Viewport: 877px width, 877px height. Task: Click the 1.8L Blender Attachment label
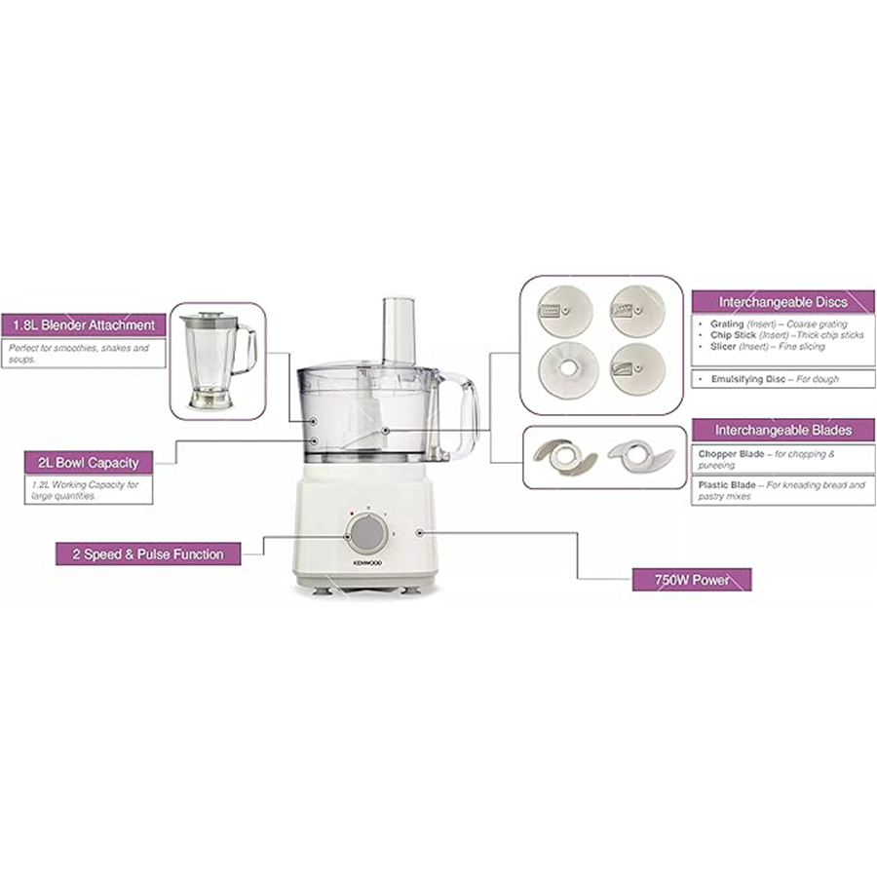(x=84, y=324)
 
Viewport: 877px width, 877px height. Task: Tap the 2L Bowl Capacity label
(x=89, y=463)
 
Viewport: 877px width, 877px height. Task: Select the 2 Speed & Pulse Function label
(x=148, y=553)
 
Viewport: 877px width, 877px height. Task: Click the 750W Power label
(x=692, y=580)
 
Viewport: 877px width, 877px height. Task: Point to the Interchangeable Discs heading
(x=783, y=302)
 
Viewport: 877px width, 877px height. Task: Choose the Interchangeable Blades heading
(x=783, y=430)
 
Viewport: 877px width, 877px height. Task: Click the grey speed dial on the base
(x=367, y=535)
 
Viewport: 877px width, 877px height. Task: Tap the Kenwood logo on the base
(x=367, y=563)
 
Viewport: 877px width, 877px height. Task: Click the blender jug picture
(x=218, y=361)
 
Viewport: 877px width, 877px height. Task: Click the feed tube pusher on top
(x=400, y=331)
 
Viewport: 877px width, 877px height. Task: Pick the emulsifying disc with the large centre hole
(x=568, y=369)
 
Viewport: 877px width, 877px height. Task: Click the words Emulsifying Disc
(x=747, y=379)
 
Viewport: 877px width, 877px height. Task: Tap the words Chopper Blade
(x=731, y=454)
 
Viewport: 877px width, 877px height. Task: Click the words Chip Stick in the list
(x=733, y=335)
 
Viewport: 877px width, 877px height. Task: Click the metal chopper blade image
(x=565, y=457)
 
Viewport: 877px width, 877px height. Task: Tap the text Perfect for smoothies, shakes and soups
(x=79, y=354)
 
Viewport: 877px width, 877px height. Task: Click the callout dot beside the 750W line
(x=419, y=533)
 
